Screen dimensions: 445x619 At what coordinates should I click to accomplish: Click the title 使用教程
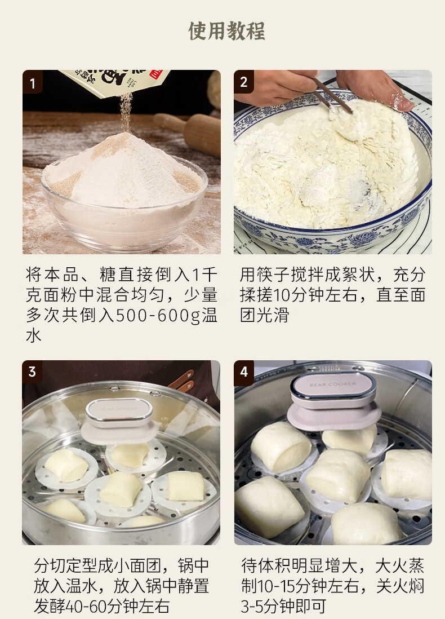(226, 31)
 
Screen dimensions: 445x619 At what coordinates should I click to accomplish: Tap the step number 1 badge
(32, 82)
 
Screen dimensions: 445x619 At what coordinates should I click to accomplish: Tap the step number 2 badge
(244, 82)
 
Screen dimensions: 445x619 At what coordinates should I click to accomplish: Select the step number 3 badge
(32, 372)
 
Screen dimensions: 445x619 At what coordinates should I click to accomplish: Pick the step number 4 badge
(244, 372)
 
